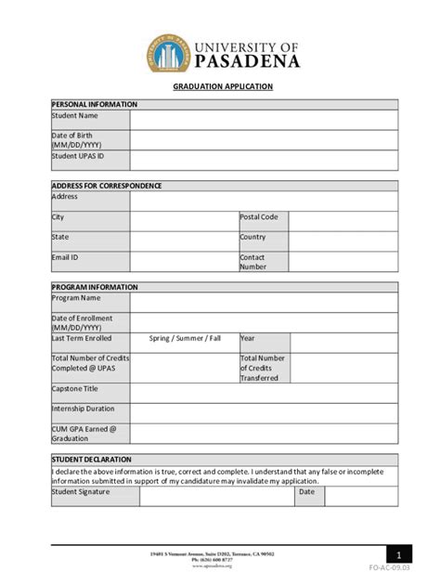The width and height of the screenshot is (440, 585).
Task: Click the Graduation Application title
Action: click(x=223, y=86)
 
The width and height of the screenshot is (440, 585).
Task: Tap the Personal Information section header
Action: click(x=95, y=105)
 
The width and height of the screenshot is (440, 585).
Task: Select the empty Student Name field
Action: click(x=264, y=120)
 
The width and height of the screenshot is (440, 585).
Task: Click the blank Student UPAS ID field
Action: click(x=264, y=161)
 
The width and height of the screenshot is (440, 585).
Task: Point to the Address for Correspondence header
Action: click(x=107, y=186)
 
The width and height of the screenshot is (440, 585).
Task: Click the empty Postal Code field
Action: click(x=343, y=221)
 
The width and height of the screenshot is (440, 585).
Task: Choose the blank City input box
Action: click(x=184, y=221)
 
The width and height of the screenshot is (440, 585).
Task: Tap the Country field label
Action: click(x=252, y=237)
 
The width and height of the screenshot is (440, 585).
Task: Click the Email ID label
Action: click(x=65, y=257)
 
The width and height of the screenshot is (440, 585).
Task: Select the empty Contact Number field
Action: click(x=343, y=262)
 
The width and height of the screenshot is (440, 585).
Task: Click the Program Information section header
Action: click(x=95, y=288)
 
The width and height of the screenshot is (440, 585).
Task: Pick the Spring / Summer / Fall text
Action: click(x=185, y=339)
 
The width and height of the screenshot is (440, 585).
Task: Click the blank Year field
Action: click(x=343, y=342)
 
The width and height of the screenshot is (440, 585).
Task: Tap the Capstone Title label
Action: click(x=74, y=389)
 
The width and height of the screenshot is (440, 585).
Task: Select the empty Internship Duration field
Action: click(x=264, y=411)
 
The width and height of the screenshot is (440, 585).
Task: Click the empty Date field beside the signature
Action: click(x=361, y=497)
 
